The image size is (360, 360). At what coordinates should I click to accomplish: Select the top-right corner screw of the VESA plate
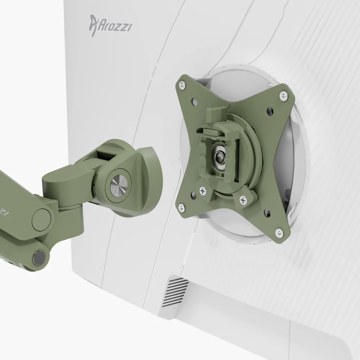284,95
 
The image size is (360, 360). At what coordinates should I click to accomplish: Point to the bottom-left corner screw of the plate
181,208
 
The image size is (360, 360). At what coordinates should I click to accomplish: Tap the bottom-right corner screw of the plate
279,233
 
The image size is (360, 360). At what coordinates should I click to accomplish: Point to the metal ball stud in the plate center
219,156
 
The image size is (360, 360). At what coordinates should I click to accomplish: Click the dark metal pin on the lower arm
39,258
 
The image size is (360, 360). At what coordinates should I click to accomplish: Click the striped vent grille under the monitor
175,292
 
